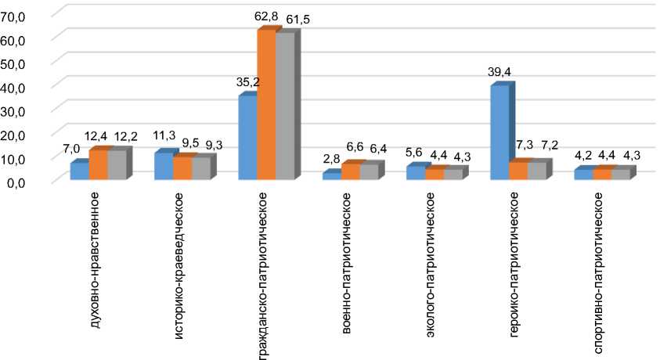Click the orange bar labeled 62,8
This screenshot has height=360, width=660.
point(266,105)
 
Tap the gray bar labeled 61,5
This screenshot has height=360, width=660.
point(284,106)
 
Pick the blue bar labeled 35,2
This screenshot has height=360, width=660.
point(247,138)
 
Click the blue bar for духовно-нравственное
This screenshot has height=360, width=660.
point(79,171)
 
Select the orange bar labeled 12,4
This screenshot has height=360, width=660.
point(97,165)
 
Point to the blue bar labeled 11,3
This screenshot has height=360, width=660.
point(163,166)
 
